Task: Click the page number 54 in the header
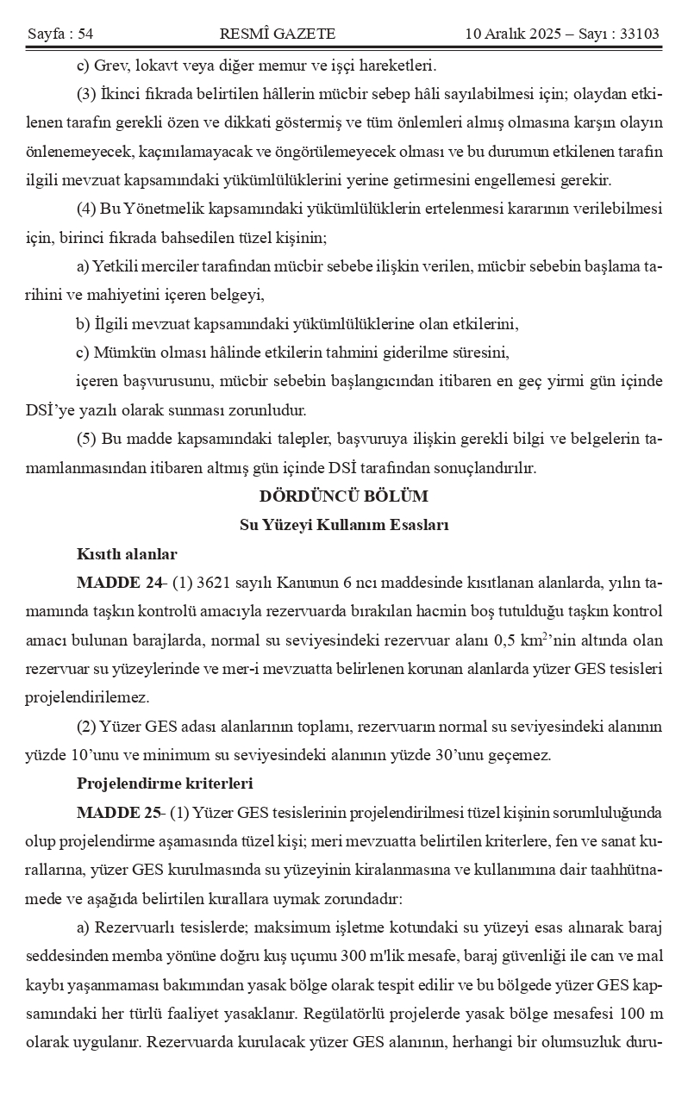84,34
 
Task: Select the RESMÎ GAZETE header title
278,34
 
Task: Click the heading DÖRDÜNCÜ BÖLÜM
343,496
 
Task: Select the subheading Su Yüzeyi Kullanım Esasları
343,525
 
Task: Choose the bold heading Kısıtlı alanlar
127,553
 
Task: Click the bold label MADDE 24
120,583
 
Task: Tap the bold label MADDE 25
120,812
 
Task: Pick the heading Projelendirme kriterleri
164,783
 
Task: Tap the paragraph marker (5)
86,439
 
